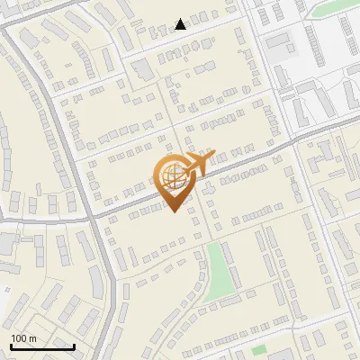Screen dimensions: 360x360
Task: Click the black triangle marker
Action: [181, 24]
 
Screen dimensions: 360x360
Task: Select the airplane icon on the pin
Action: [194, 165]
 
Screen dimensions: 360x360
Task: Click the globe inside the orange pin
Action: [174, 177]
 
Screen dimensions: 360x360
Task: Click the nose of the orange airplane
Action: [213, 154]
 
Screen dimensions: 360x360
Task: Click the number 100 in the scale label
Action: [19, 338]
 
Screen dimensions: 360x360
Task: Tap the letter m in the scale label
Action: [32, 338]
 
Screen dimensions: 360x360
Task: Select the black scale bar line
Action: [42, 346]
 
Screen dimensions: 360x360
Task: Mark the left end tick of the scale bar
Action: [11, 345]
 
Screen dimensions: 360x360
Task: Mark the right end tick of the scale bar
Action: [74, 345]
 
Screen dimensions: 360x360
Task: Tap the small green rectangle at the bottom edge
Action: [259, 349]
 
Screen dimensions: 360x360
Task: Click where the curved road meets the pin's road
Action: [91, 216]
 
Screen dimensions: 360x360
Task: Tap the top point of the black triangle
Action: [181, 19]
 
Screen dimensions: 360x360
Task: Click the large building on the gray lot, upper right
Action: [280, 40]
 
